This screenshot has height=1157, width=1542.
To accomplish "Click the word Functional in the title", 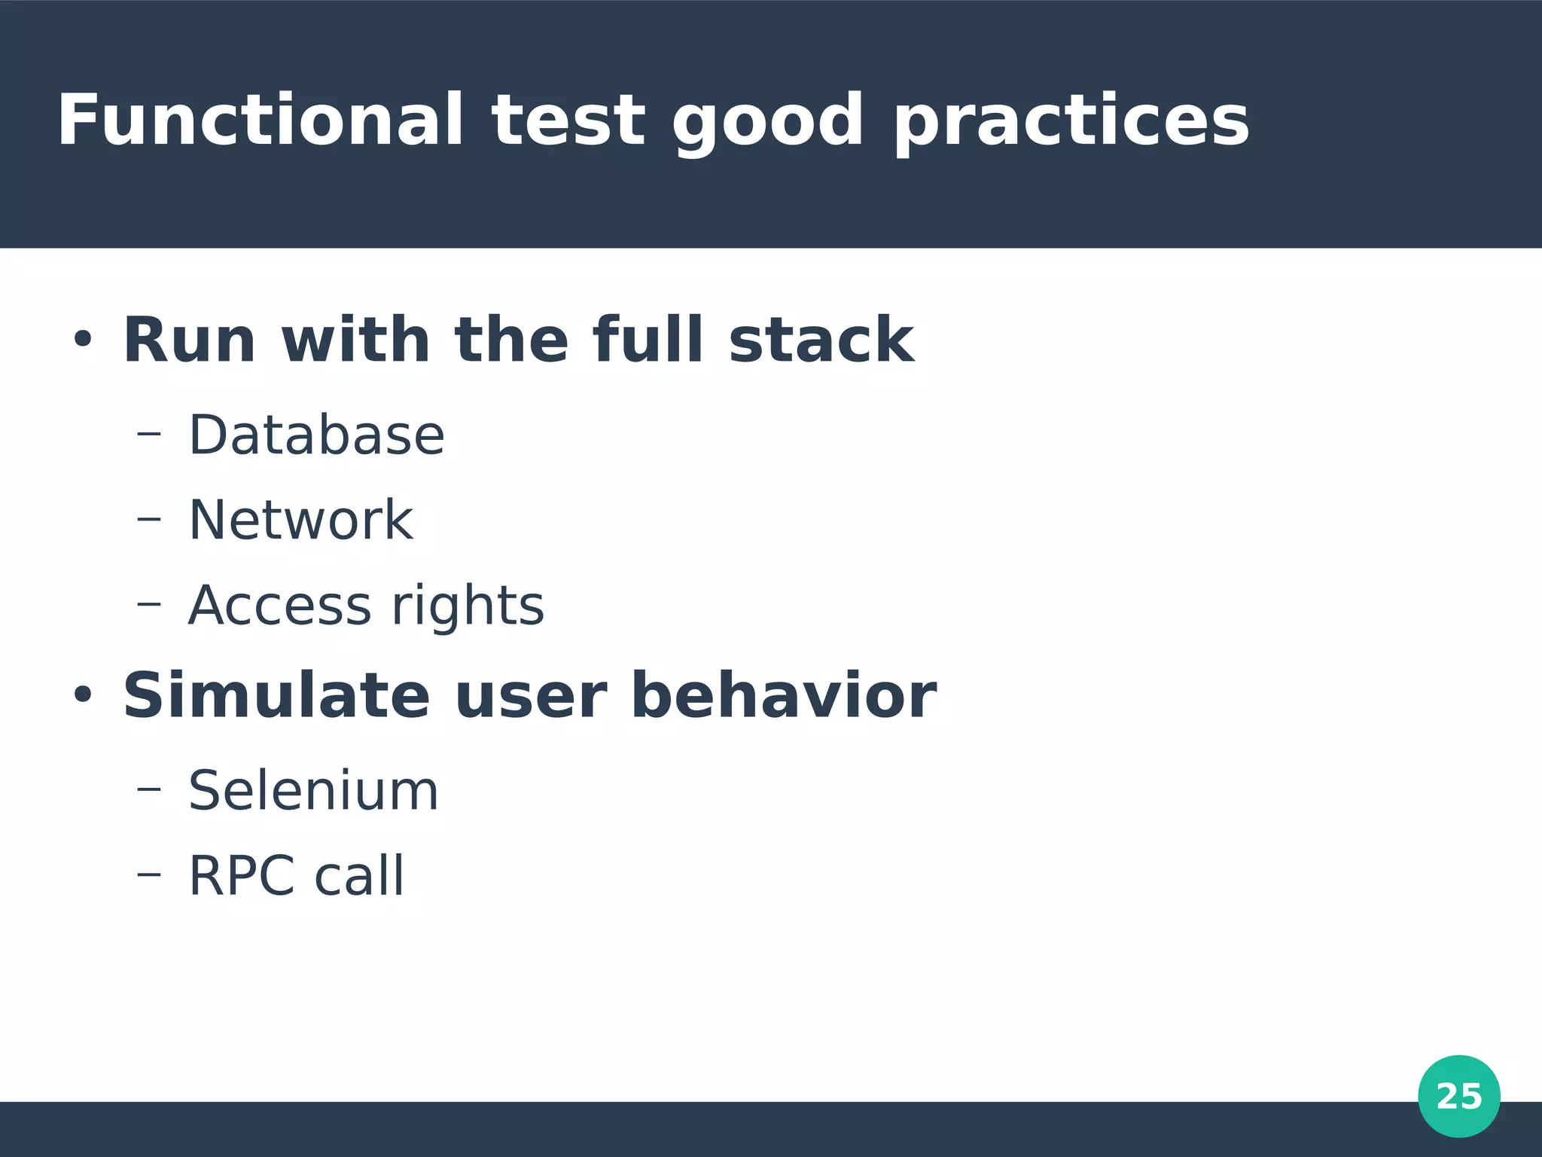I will [260, 121].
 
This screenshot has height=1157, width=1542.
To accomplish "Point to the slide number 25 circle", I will [1458, 1096].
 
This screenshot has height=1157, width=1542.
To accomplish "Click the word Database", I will [316, 435].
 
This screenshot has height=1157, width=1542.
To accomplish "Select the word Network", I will [300, 520].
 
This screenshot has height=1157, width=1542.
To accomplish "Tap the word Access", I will [279, 606].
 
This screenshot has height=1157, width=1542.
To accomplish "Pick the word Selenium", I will [313, 791].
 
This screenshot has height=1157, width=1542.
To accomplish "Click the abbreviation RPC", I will [241, 876].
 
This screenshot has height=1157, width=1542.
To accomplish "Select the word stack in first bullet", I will [821, 340].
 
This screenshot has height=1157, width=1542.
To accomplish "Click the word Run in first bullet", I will [189, 340].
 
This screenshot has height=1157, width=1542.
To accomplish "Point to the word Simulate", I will [276, 696].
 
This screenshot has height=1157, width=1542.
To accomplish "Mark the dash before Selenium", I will [149, 789].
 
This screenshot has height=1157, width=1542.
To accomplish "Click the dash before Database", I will [149, 433].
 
